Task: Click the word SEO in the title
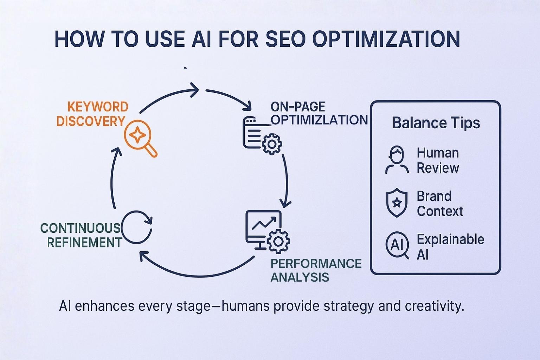(285, 39)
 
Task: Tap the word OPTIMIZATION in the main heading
(386, 39)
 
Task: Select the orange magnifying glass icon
(140, 138)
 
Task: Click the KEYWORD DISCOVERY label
(92, 114)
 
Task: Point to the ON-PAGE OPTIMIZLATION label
(319, 113)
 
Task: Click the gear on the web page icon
(272, 144)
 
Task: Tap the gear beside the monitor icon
(278, 242)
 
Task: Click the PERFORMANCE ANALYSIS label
(316, 270)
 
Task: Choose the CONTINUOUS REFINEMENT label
(81, 235)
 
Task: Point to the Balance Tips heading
(436, 123)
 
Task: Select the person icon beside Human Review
(397, 160)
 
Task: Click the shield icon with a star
(397, 203)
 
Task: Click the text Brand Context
(440, 204)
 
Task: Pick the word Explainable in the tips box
(450, 239)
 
